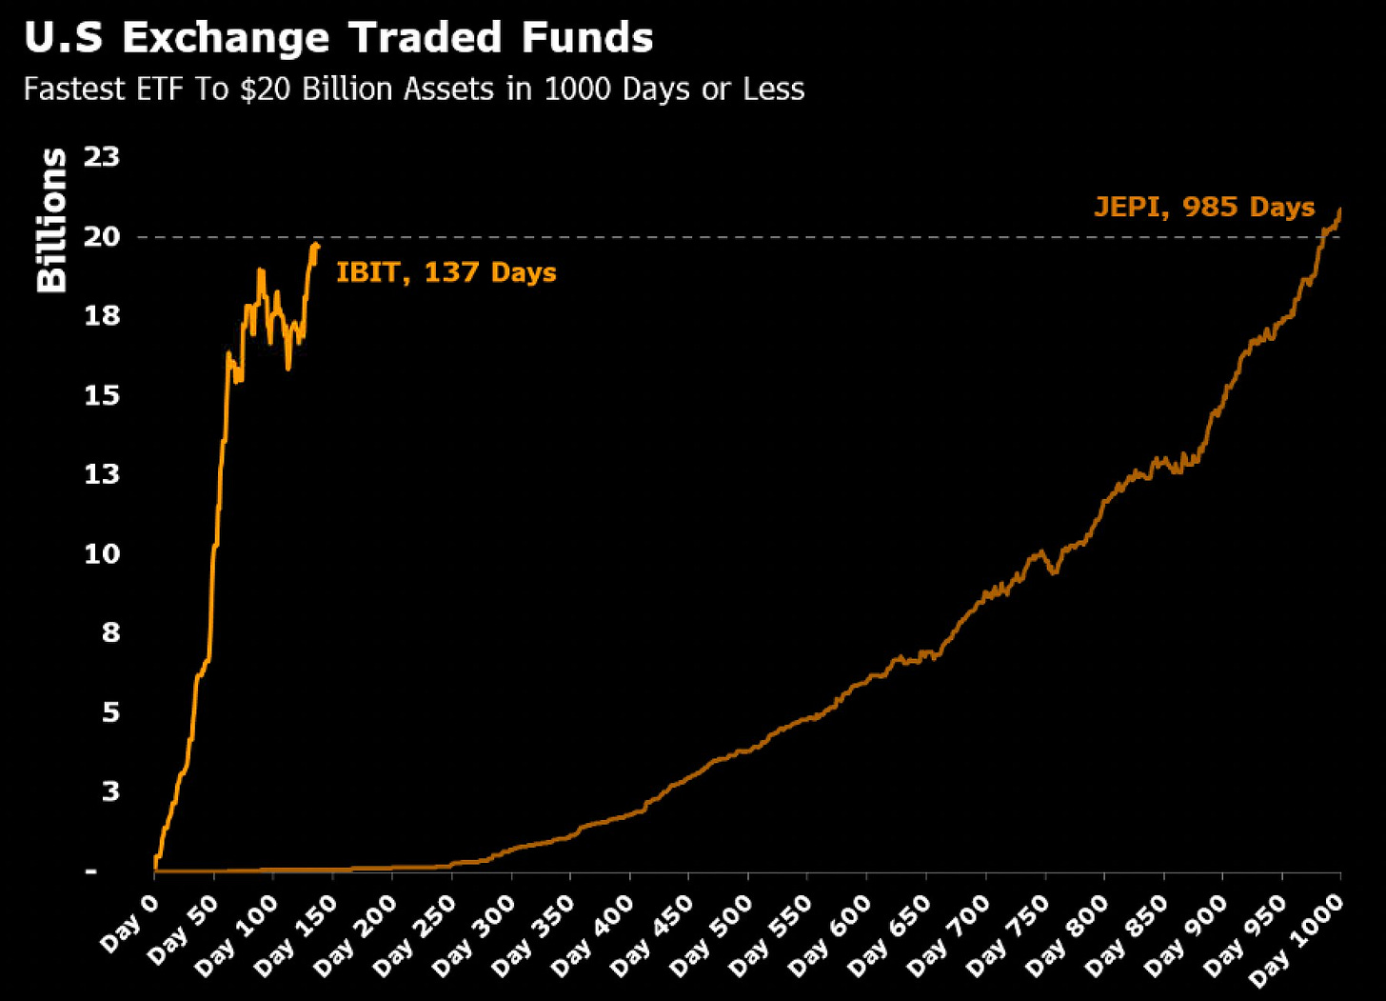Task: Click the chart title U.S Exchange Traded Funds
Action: [x=338, y=39]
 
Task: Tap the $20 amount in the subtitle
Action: [x=264, y=90]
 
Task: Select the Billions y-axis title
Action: [x=51, y=220]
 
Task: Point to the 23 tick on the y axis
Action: [x=102, y=156]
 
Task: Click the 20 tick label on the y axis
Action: [x=102, y=236]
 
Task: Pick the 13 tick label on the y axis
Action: [x=102, y=473]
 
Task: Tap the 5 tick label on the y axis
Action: [x=110, y=711]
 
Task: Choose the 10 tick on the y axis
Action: [x=102, y=553]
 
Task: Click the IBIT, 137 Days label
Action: [x=445, y=272]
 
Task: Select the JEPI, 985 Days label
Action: [x=1204, y=208]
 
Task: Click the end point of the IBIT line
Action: [x=318, y=246]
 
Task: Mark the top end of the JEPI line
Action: [x=1340, y=210]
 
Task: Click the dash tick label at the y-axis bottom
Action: [x=91, y=871]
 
